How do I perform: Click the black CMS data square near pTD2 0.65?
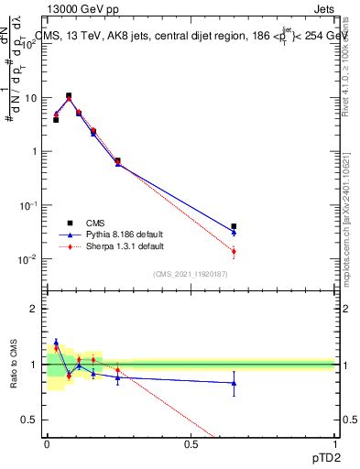tap(234, 226)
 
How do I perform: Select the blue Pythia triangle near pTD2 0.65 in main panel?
tap(234, 233)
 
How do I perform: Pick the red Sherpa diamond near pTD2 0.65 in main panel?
tap(234, 251)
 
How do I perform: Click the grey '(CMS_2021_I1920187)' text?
tap(191, 274)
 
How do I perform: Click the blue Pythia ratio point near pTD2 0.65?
tap(234, 383)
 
